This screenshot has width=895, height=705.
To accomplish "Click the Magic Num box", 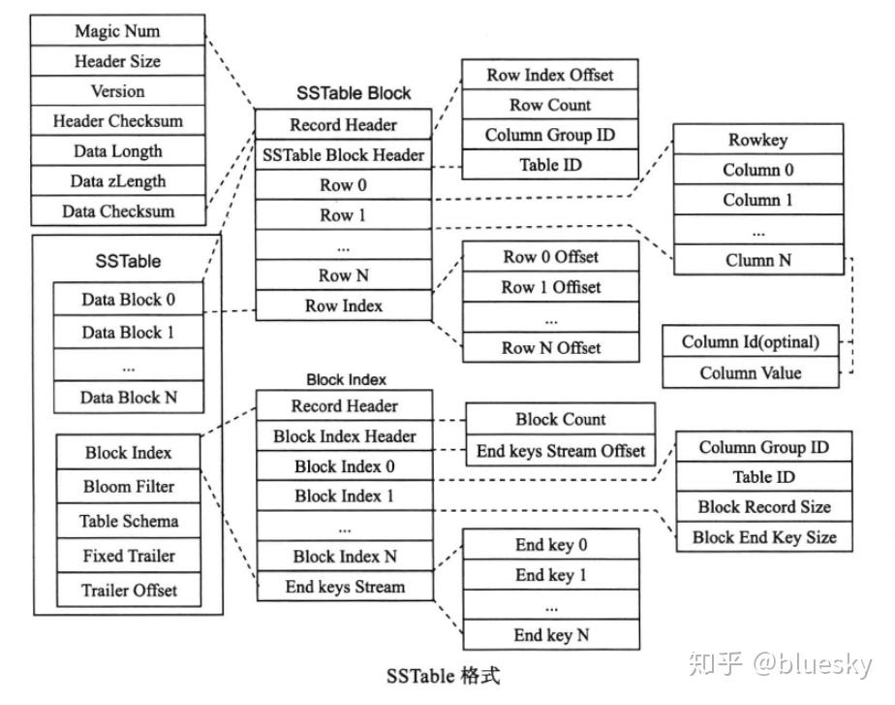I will tap(117, 31).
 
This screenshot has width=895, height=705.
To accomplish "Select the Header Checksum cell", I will tap(117, 121).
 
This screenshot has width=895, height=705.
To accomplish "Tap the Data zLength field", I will tap(117, 181).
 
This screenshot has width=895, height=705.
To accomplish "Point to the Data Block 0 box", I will tap(128, 300).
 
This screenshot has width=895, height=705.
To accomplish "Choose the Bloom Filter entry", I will tap(128, 487).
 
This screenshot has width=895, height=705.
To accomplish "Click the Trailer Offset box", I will tap(128, 591).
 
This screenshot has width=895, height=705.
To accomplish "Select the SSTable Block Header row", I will tap(343, 155).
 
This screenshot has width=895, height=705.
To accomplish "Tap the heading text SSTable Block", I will tap(354, 94).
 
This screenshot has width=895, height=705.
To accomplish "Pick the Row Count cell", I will tap(549, 105).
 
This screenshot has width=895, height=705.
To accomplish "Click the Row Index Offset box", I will tap(549, 75).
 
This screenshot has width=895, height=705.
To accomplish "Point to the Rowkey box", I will tap(756, 140).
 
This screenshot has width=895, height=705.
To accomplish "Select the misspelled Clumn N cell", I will tap(756, 260).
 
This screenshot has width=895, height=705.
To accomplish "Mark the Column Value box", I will tap(750, 372).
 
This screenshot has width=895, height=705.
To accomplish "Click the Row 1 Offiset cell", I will tap(550, 287).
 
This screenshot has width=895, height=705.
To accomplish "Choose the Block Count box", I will tap(560, 420).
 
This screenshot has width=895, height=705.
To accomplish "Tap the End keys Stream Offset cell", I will tap(560, 451).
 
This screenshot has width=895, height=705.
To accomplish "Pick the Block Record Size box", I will tap(763, 507).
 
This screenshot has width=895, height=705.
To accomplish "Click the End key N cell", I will tap(550, 635).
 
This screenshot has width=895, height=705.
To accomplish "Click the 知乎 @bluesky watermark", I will tap(780, 664).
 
